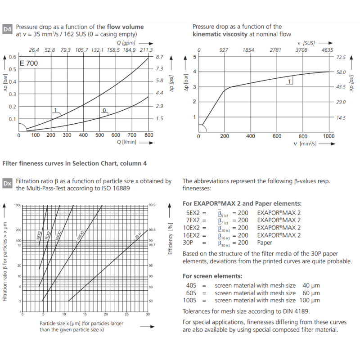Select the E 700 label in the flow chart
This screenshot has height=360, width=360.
pyautogui.click(x=29, y=63)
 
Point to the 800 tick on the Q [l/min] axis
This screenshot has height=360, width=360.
pyautogui.click(x=148, y=135)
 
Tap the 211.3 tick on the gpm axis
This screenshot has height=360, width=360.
pyautogui.click(x=146, y=49)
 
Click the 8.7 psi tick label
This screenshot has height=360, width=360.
pyautogui.click(x=160, y=57)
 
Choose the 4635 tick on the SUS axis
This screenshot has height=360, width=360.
pyautogui.click(x=328, y=49)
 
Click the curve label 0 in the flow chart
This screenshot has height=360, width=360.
pyautogui.click(x=104, y=110)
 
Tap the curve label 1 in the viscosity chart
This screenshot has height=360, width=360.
pyautogui.click(x=288, y=81)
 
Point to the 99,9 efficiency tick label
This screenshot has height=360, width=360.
pyautogui.click(x=152, y=205)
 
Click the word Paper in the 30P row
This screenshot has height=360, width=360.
pyautogui.click(x=265, y=242)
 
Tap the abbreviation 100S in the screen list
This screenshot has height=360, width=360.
pyautogui.click(x=191, y=300)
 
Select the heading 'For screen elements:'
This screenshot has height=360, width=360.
pyautogui.click(x=212, y=276)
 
